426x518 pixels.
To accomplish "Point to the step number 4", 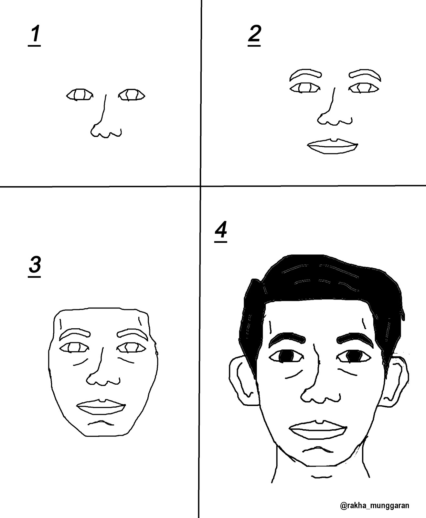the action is pyautogui.click(x=221, y=232).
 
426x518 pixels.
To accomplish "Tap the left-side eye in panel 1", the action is pyautogui.click(x=80, y=95).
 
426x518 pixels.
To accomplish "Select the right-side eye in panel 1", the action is pyautogui.click(x=132, y=95).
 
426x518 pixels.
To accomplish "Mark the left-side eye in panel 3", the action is pyautogui.click(x=74, y=348).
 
